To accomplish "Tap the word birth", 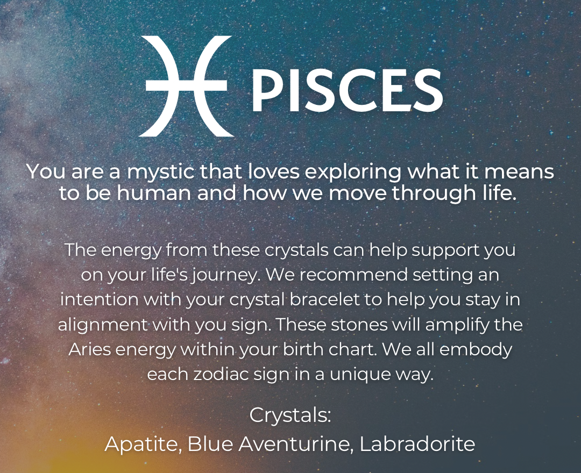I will point(311,349).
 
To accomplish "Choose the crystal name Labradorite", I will point(417,444).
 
